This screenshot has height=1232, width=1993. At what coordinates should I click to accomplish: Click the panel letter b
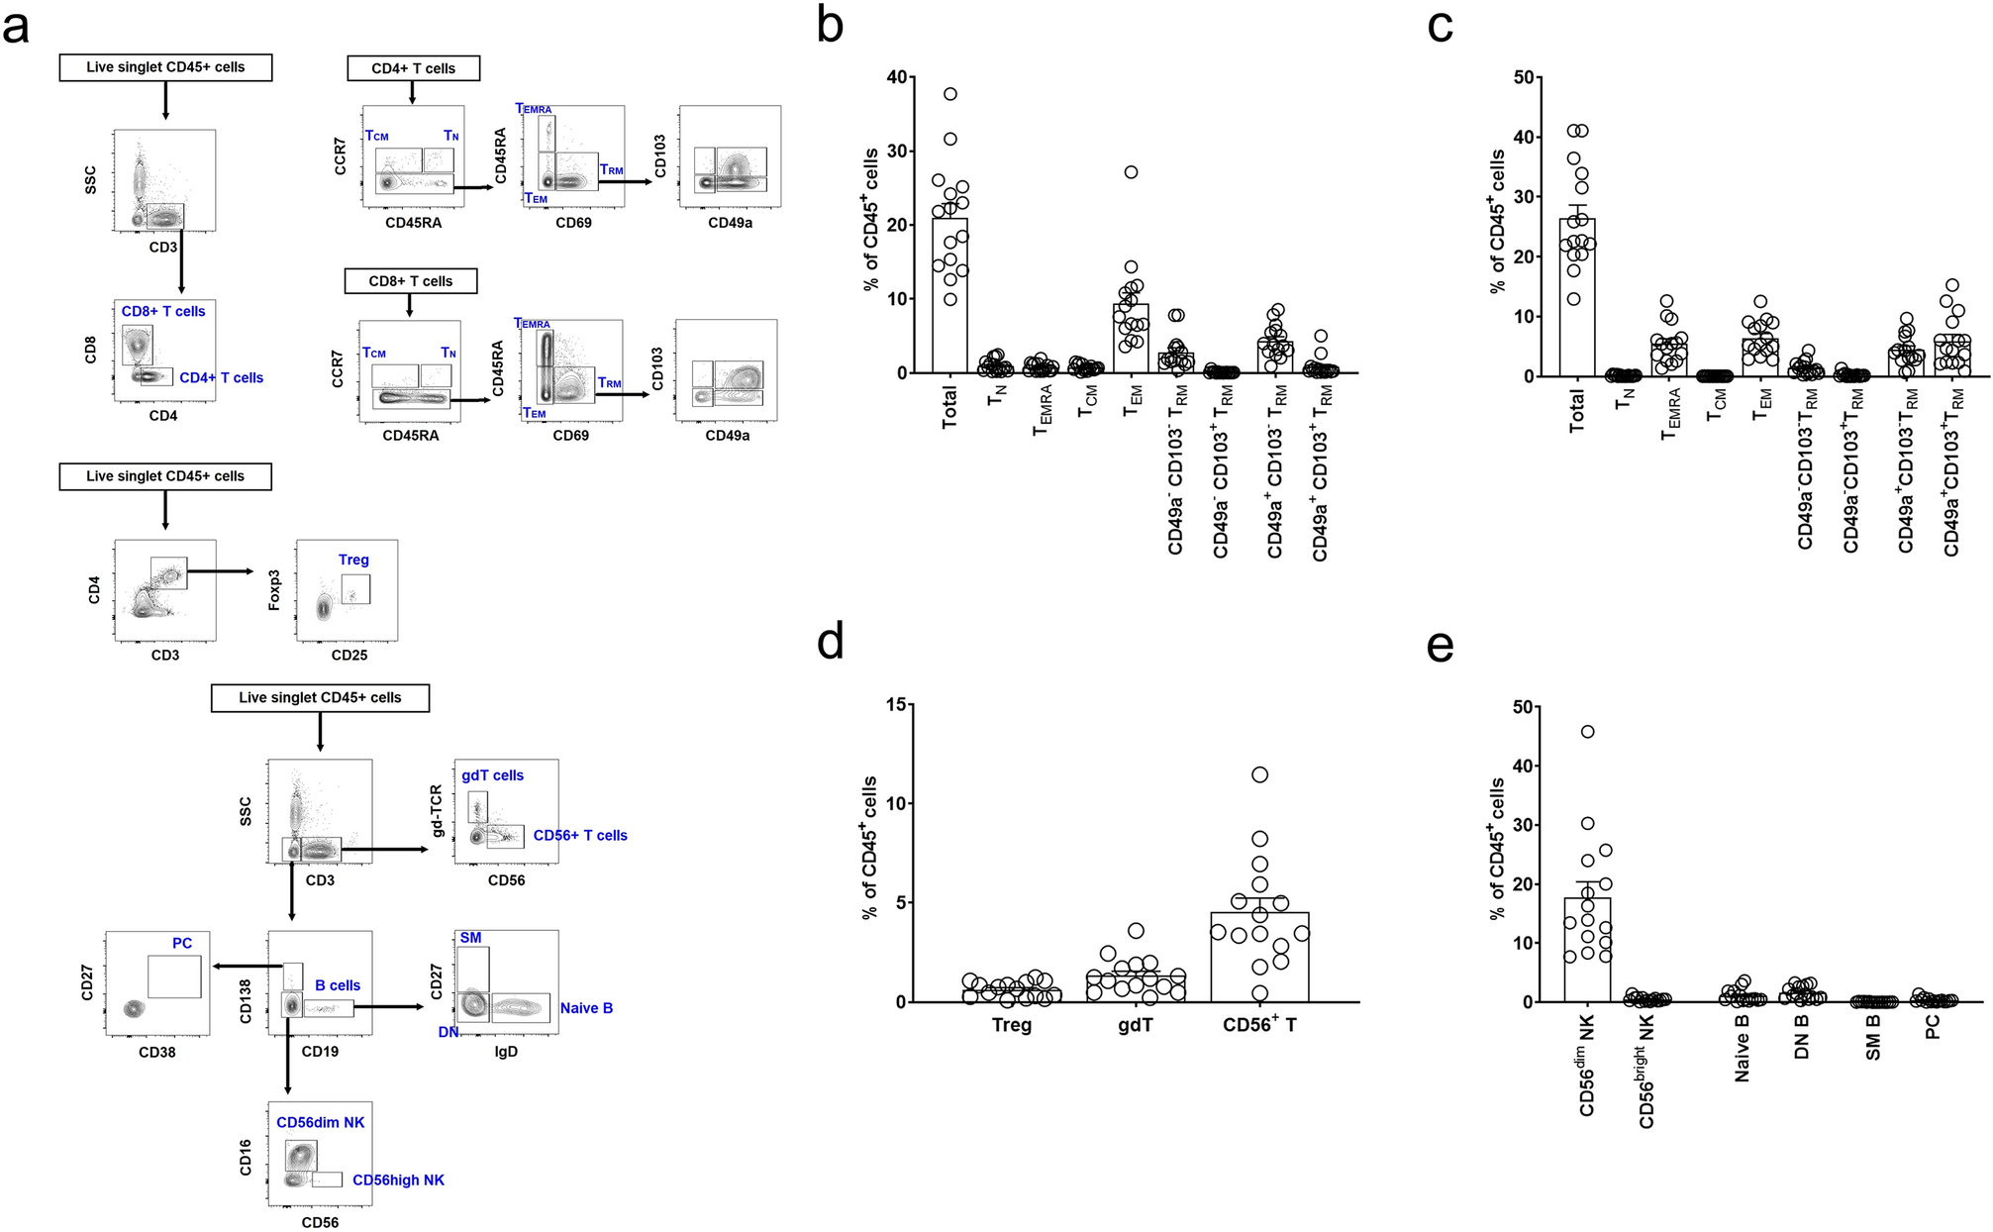830,25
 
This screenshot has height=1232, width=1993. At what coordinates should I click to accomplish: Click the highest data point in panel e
1587,732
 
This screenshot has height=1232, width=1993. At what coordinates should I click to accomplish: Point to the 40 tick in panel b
896,77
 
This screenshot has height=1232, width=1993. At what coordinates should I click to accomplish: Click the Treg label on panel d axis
1012,1025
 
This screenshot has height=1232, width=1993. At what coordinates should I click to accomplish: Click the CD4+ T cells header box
413,68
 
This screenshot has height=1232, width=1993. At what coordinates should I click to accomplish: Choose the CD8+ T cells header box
410,281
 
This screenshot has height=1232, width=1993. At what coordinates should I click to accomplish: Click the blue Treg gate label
353,560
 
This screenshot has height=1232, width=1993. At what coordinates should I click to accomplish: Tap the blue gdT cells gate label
492,775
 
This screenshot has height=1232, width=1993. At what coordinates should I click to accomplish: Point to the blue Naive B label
586,1008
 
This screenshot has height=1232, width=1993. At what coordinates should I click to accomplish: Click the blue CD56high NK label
398,1181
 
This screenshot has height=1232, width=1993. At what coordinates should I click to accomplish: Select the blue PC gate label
182,943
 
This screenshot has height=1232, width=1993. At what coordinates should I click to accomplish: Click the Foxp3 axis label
274,589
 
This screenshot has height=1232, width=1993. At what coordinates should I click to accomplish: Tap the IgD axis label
505,1052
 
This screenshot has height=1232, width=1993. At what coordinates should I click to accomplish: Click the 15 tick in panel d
896,704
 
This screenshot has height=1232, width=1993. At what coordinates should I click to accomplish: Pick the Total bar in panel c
1577,297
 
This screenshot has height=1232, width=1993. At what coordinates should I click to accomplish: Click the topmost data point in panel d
1259,774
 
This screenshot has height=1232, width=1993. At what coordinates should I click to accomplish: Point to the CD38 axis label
156,1052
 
